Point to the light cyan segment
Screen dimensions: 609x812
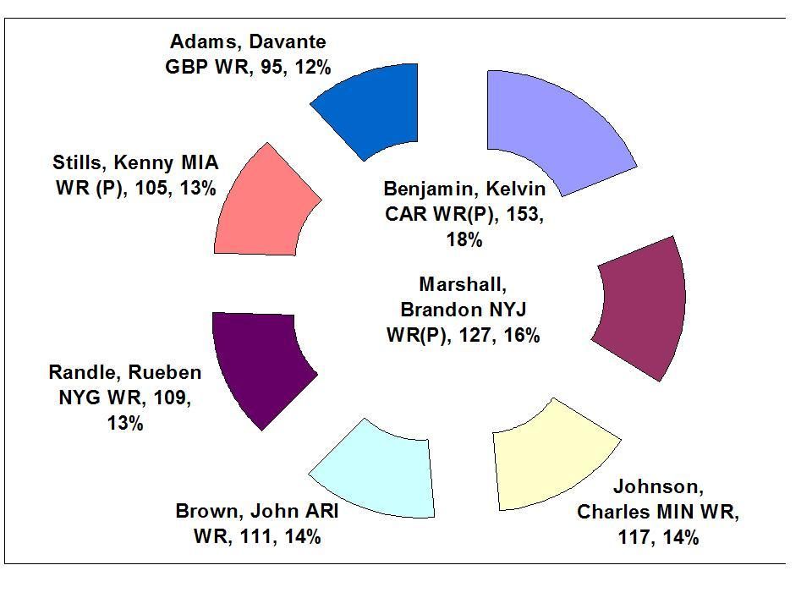pyautogui.click(x=376, y=469)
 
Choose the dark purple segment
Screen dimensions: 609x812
pyautogui.click(x=258, y=364)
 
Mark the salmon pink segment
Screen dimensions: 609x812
pyautogui.click(x=262, y=203)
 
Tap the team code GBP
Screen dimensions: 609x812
pyautogui.click(x=186, y=66)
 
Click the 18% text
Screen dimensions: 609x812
pyautogui.click(x=464, y=240)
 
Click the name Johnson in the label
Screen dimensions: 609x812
pyautogui.click(x=657, y=487)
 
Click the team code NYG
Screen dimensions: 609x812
pyautogui.click(x=80, y=398)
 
